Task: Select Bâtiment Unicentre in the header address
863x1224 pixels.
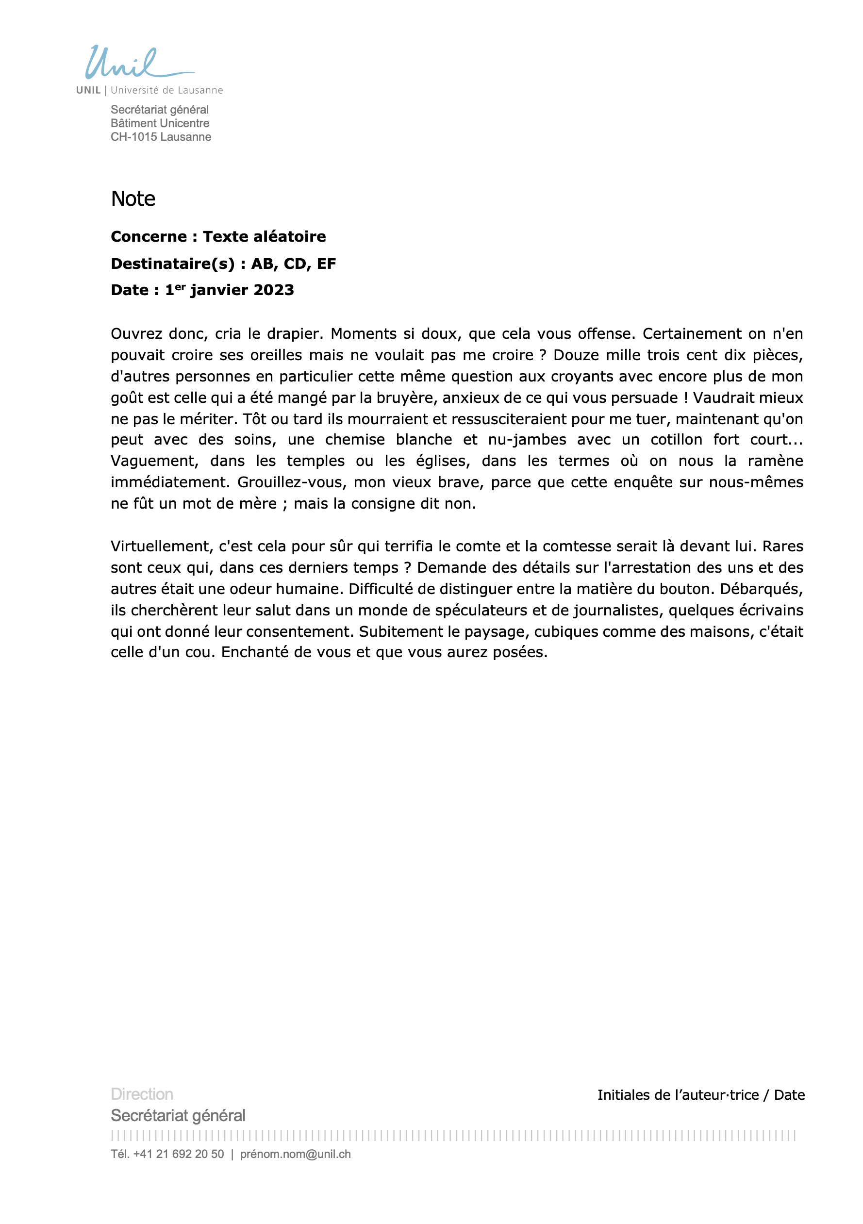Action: [x=160, y=123]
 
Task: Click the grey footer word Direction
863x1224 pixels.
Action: [x=142, y=1094]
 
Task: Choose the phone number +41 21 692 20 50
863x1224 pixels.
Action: [x=178, y=1154]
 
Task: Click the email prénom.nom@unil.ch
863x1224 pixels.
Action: [x=295, y=1154]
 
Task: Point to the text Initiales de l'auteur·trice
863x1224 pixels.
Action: [x=678, y=1095]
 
